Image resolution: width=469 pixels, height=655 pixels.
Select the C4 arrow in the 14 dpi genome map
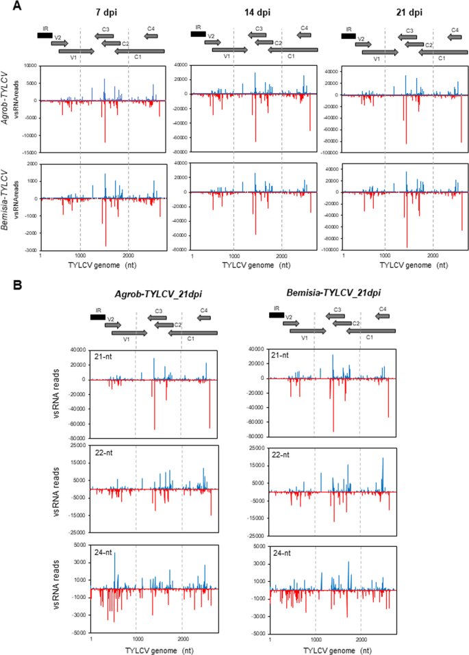click(304, 35)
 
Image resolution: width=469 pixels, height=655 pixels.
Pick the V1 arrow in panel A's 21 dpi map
click(380, 52)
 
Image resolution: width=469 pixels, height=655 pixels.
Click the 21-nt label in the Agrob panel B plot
click(104, 355)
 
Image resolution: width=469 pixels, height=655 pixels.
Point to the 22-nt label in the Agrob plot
click(104, 452)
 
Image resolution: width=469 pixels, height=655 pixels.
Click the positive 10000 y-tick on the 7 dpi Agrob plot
click(28, 66)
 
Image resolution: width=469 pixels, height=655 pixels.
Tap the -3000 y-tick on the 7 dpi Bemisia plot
click(29, 251)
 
